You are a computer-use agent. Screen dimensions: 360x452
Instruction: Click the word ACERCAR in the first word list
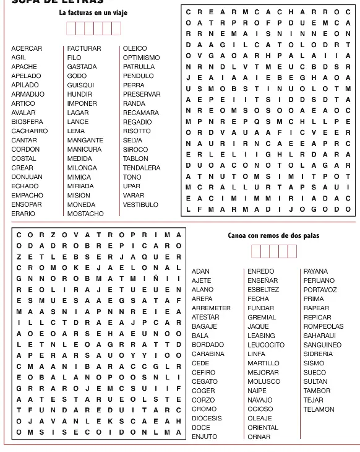coord(27,48)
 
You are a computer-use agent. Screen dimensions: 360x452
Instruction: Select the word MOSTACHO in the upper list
coord(85,214)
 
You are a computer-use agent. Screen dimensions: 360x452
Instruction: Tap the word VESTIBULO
coord(140,204)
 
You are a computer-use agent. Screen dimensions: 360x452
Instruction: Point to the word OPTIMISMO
coord(141,58)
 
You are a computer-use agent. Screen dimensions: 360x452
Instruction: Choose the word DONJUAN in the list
coord(27,177)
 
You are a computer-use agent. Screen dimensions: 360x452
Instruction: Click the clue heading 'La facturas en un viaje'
coord(93,12)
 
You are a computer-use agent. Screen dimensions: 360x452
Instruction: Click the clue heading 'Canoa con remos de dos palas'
coord(273,235)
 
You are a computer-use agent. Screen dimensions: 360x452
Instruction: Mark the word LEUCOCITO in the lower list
coord(266,345)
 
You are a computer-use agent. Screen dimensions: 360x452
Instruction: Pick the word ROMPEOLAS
coord(323,326)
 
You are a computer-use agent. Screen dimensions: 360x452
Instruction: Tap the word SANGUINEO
coord(322,345)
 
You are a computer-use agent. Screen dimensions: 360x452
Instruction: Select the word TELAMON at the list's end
coord(319,409)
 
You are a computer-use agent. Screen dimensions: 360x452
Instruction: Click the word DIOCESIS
coord(207,419)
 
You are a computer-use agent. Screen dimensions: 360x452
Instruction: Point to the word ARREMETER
coord(211,308)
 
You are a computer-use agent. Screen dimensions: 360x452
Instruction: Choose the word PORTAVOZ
coord(320,290)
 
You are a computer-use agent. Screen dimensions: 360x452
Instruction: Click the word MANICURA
coord(84,149)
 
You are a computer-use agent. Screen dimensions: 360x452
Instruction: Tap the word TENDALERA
coord(142,168)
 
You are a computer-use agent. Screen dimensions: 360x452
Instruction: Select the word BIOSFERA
coord(27,122)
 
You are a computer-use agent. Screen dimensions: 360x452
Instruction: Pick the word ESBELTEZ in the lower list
coord(263,290)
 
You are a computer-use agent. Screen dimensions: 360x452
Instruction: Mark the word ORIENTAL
coord(263,428)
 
